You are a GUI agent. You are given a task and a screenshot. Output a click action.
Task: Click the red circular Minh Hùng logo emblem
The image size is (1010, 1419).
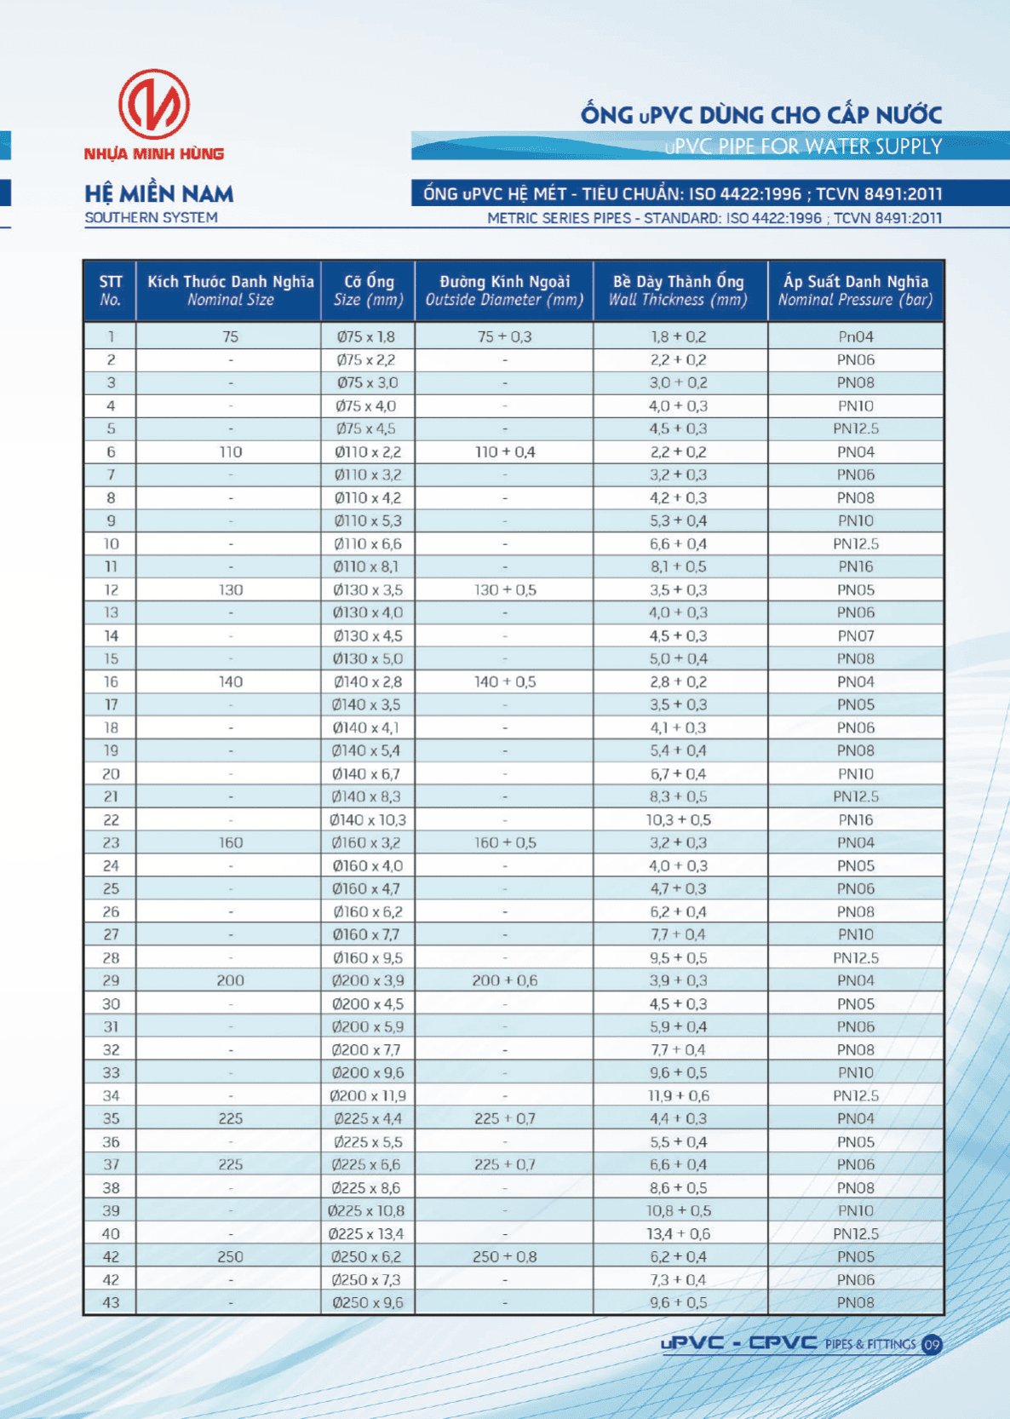154,105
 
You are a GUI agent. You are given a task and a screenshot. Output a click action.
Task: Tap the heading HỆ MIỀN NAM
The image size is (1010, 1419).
158,194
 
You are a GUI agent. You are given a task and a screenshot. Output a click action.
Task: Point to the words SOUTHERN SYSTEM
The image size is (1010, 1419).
151,218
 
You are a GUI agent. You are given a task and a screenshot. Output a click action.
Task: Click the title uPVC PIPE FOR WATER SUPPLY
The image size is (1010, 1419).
803,146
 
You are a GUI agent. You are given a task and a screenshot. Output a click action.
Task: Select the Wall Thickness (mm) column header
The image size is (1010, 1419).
678,290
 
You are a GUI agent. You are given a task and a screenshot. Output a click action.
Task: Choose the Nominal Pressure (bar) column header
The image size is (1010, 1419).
855,290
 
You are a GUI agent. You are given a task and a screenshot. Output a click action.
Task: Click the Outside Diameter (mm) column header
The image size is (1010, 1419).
504,290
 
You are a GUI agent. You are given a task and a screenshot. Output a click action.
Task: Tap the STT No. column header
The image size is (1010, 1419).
111,290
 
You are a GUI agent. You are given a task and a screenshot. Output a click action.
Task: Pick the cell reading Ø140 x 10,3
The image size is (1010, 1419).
368,820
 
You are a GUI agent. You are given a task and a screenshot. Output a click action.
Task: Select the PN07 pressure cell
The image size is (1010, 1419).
855,636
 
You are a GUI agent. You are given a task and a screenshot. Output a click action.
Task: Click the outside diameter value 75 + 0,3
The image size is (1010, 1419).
504,337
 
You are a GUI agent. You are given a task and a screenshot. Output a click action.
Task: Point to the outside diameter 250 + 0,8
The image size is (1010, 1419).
504,1257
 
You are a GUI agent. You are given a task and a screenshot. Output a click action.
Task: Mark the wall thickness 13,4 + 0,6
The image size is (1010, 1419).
678,1234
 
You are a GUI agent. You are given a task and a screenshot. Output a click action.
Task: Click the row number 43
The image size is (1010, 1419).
111,1303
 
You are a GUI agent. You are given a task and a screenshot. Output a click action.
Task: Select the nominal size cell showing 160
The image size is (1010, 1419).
230,843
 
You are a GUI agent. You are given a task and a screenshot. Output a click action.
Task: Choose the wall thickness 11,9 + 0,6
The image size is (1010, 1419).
678,1096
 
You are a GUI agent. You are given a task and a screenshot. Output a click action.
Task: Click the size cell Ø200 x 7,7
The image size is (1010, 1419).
368,1050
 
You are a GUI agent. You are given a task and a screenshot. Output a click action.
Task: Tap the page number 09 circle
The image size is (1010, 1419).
932,1345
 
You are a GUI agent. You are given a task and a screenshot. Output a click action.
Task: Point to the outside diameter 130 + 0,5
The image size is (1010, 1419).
504,590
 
